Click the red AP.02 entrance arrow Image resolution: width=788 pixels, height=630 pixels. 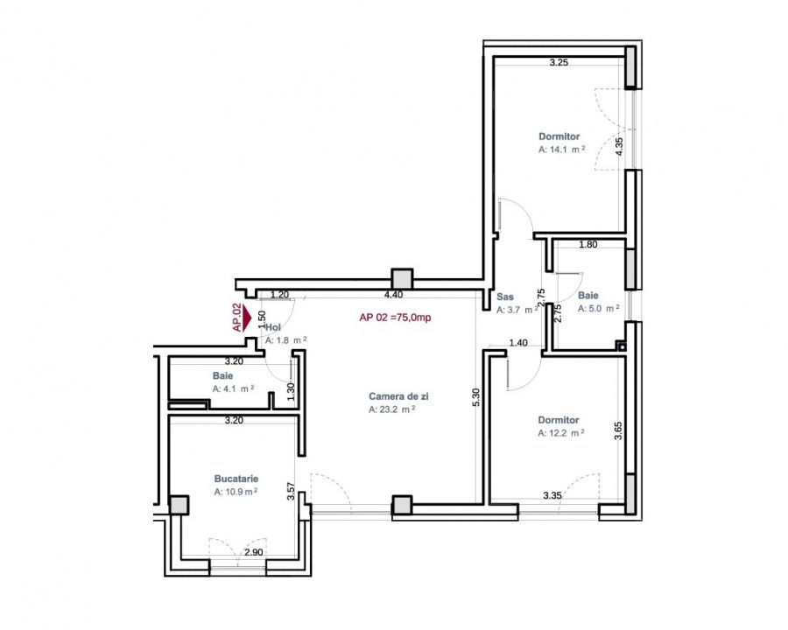click(x=247, y=318)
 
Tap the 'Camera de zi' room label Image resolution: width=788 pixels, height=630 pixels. click(x=398, y=396)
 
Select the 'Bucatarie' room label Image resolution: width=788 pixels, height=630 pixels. click(x=236, y=479)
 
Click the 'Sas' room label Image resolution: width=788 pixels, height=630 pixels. click(x=505, y=297)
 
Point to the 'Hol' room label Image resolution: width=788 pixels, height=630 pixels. click(x=273, y=327)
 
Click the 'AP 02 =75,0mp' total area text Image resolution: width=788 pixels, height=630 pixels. click(x=395, y=318)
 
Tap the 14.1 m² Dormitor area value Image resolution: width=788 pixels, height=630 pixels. click(x=562, y=150)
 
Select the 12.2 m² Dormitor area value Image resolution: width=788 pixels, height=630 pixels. click(x=561, y=433)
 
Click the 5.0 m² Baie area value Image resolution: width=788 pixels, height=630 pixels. click(x=599, y=309)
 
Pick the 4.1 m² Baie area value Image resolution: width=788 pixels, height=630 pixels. click(x=233, y=388)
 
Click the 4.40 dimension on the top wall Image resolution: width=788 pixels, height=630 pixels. click(x=393, y=295)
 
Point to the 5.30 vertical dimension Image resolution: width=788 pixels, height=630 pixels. click(x=476, y=397)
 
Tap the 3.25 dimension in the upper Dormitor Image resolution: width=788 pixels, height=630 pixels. click(x=559, y=63)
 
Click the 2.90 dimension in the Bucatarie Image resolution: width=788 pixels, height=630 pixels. click(x=253, y=552)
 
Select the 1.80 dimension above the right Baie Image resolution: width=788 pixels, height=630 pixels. click(x=588, y=245)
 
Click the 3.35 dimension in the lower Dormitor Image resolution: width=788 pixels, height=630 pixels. click(x=552, y=495)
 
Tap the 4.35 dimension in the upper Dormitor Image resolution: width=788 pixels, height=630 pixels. click(x=619, y=147)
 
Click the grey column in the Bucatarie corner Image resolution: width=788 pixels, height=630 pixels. click(x=179, y=505)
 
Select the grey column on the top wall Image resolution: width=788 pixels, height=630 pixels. click(x=402, y=278)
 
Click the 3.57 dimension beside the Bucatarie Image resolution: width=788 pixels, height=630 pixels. click(x=291, y=492)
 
